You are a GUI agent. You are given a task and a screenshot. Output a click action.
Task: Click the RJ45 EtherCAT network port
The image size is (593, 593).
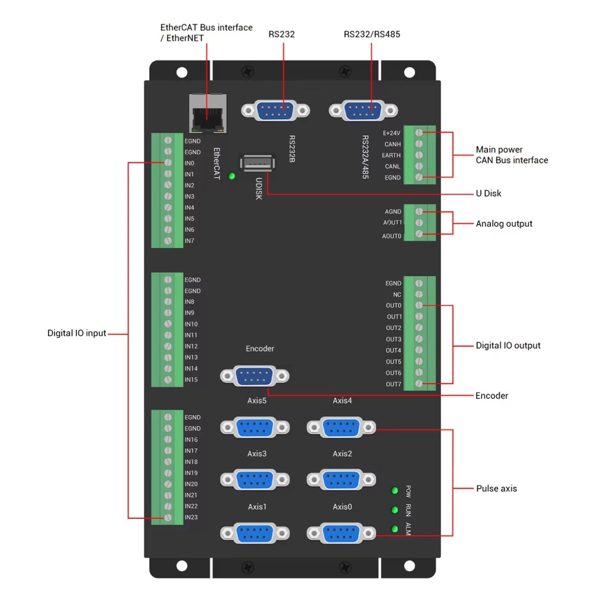pyautogui.click(x=208, y=113)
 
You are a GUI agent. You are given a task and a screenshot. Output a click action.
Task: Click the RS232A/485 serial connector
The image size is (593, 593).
pyautogui.click(x=363, y=110)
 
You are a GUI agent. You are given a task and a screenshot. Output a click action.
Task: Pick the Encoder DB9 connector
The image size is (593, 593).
pyautogui.click(x=254, y=376)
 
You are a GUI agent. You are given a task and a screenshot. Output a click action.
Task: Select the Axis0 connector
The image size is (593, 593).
pyautogui.click(x=342, y=533)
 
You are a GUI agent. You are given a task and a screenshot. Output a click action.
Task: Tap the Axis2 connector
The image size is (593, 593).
pyautogui.click(x=342, y=479)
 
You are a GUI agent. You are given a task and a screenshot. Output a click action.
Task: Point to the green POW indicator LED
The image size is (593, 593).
pyautogui.click(x=394, y=490)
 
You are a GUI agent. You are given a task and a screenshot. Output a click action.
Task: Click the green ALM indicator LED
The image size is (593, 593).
pyautogui.click(x=394, y=529)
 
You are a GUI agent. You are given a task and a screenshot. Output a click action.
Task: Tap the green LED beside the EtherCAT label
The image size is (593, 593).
pyautogui.click(x=231, y=176)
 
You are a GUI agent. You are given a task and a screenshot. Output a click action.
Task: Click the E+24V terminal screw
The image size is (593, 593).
pyautogui.click(x=419, y=133)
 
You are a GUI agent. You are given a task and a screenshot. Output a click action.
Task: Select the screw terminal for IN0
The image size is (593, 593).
pyautogui.click(x=168, y=163)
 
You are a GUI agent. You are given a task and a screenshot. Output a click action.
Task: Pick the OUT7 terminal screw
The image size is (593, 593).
pyautogui.click(x=419, y=384)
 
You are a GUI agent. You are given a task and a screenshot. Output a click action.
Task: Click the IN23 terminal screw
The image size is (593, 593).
pyautogui.click(x=168, y=518)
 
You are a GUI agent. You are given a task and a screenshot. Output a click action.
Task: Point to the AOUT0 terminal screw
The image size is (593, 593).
pyautogui.click(x=419, y=235)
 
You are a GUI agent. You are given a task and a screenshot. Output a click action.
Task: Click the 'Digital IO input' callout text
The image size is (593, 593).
pyautogui.click(x=77, y=333)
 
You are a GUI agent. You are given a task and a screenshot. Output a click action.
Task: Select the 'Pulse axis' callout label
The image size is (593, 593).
pyautogui.click(x=496, y=489)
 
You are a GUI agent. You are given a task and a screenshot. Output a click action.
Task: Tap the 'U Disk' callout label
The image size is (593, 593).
pyautogui.click(x=489, y=193)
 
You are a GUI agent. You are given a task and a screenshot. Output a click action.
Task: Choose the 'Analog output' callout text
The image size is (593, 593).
pyautogui.click(x=504, y=224)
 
